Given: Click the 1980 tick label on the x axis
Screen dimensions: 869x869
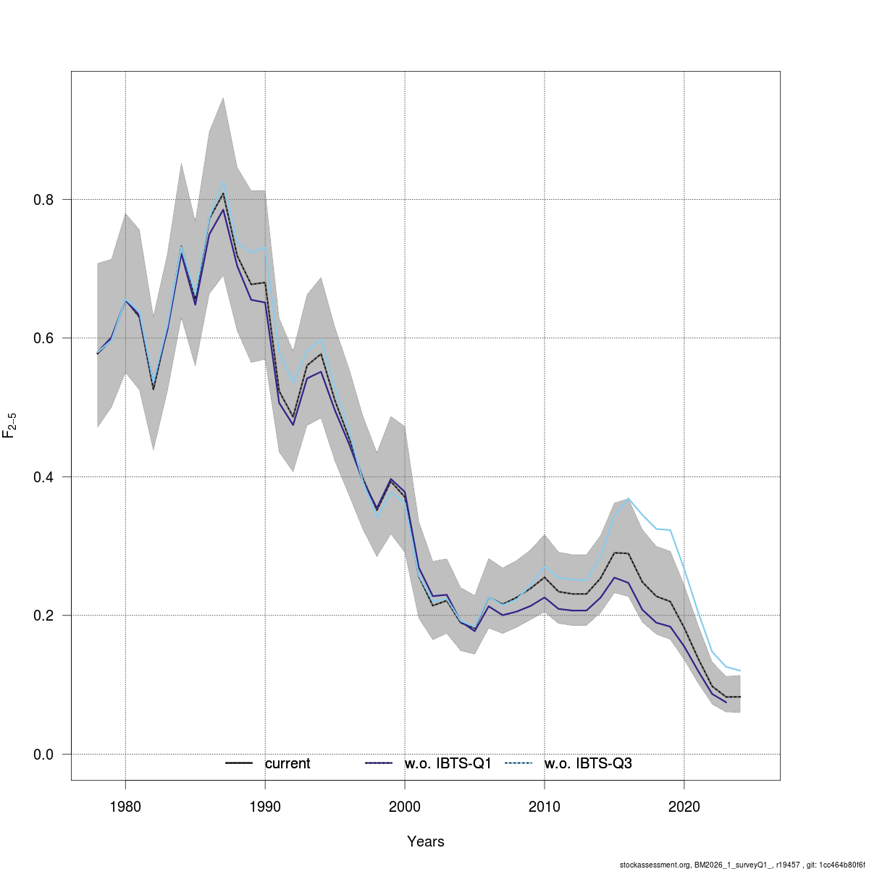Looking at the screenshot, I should [125, 807].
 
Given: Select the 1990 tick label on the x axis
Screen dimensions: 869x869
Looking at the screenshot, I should [265, 807].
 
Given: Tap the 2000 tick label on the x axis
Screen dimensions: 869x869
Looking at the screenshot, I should [404, 807].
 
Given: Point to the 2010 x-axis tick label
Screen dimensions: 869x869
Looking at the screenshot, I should [544, 807].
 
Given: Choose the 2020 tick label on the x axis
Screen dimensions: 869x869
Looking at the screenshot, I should [684, 807].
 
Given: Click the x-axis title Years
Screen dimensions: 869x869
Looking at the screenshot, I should [426, 841].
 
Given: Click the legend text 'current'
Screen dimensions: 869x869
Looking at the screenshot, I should [287, 763].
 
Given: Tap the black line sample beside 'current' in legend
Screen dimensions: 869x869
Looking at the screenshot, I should [238, 763].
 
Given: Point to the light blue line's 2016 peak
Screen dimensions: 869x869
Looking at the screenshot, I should [628, 498].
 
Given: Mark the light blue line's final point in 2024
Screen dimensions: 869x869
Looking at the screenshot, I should [739, 671].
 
